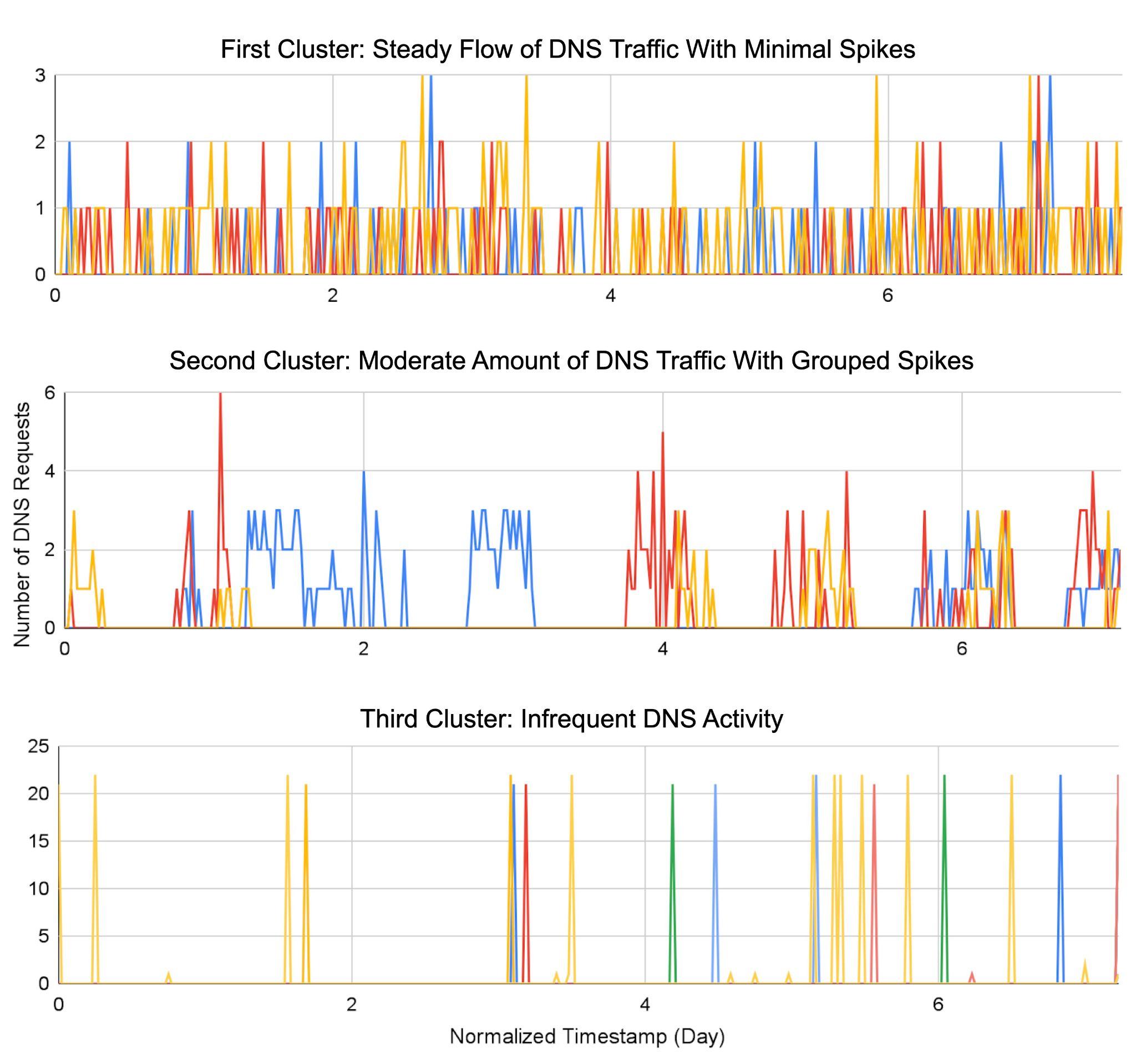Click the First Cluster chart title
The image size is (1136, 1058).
[567, 49]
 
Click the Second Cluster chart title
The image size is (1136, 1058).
[571, 361]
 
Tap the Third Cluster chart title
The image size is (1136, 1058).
[571, 718]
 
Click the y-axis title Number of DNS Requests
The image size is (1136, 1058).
[22, 524]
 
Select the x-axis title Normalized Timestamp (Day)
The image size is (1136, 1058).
[587, 1036]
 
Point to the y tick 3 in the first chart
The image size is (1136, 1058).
[40, 75]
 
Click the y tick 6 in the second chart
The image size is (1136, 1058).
[50, 393]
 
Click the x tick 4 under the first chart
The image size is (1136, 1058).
[610, 296]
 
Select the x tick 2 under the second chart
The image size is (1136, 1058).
[363, 649]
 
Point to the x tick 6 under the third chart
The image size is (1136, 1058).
[938, 1004]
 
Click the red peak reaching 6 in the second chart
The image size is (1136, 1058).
[220, 394]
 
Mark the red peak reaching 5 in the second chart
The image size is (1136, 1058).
[662, 433]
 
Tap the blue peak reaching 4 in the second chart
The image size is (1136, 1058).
[363, 472]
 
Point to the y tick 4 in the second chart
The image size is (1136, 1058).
[50, 471]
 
